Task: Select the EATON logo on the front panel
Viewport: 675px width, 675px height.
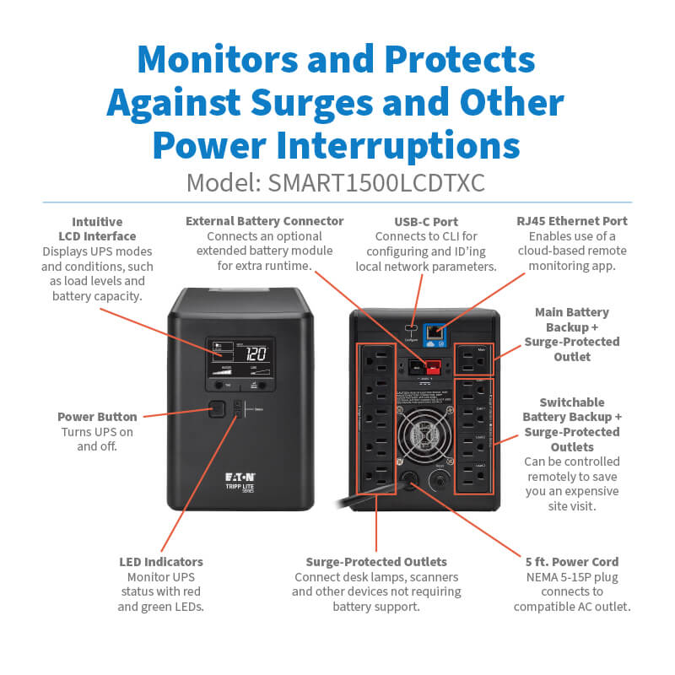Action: pyautogui.click(x=241, y=478)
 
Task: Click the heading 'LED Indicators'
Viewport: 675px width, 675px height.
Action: pyautogui.click(x=160, y=561)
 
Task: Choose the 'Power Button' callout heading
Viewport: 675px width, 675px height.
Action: pyautogui.click(x=97, y=417)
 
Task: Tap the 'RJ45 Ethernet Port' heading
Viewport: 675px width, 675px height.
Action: pyautogui.click(x=572, y=221)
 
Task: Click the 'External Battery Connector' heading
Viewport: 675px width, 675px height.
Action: pyautogui.click(x=265, y=221)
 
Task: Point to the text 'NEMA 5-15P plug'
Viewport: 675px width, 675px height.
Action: pyautogui.click(x=572, y=576)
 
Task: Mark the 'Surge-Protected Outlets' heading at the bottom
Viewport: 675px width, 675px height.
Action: pyautogui.click(x=376, y=561)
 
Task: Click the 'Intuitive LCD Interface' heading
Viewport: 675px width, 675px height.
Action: pyautogui.click(x=97, y=229)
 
